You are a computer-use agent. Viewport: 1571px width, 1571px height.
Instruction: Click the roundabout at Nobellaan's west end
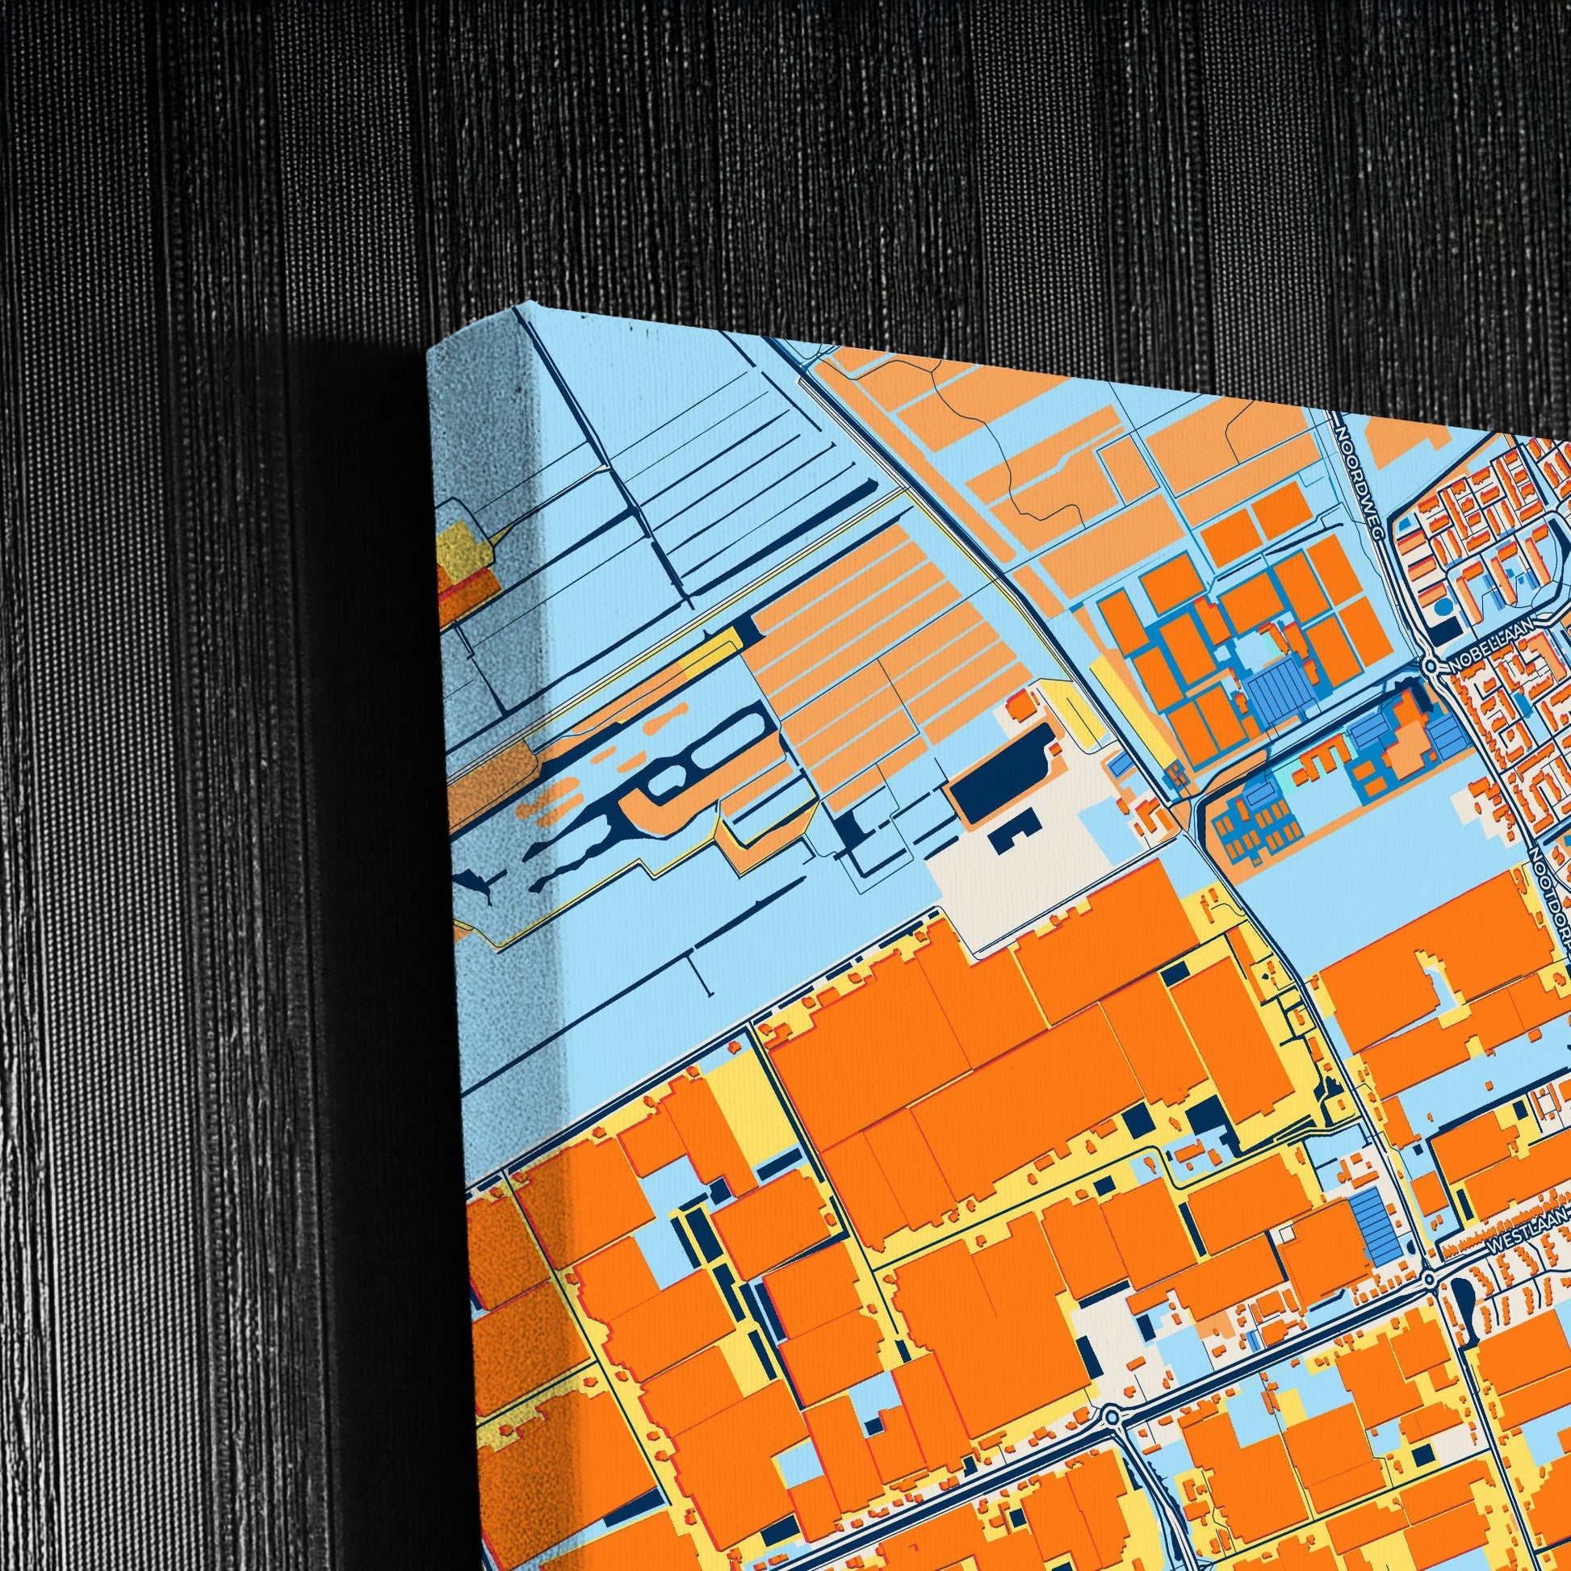(1431, 666)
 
